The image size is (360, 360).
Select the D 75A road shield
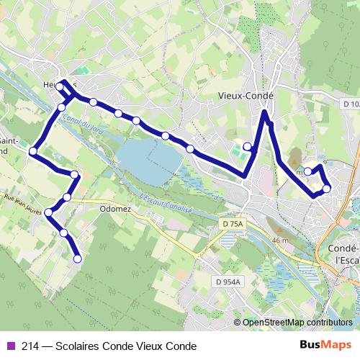(x=233, y=225)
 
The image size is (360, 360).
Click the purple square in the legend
(x=9, y=346)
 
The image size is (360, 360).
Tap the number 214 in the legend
(x=31, y=346)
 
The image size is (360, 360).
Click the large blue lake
(x=148, y=160)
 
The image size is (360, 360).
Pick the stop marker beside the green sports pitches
(x=247, y=147)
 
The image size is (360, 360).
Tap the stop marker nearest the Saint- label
(x=32, y=151)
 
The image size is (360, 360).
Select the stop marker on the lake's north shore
(x=190, y=149)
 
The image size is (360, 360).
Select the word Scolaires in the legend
(x=87, y=346)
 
